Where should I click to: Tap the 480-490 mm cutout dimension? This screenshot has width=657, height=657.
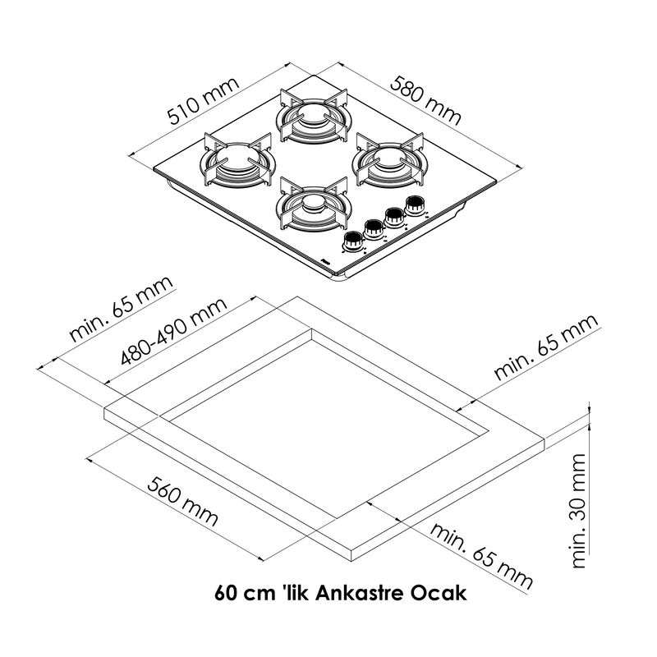tap(173, 333)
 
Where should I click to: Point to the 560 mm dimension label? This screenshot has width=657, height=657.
tap(183, 500)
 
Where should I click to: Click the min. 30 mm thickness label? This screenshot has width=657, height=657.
tap(581, 510)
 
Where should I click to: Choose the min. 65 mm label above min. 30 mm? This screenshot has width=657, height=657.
tap(545, 347)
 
